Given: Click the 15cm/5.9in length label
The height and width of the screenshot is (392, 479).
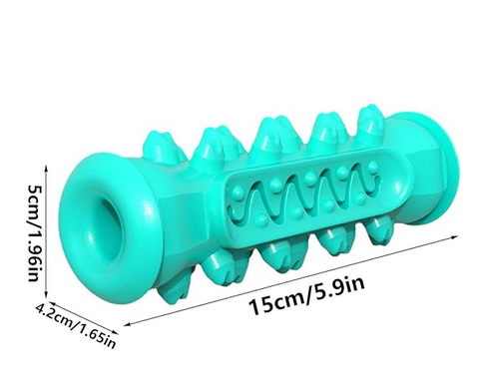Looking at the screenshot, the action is click(306, 295).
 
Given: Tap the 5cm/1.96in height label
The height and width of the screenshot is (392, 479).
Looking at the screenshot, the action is click(34, 232).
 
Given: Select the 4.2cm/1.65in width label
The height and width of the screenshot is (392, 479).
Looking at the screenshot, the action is click(76, 324).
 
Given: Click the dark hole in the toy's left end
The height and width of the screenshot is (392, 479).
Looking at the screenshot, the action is click(111, 228).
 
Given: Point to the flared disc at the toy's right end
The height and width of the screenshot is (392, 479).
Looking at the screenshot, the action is click(447, 168).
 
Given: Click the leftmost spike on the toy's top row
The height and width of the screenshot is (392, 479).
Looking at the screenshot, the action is click(160, 147).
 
